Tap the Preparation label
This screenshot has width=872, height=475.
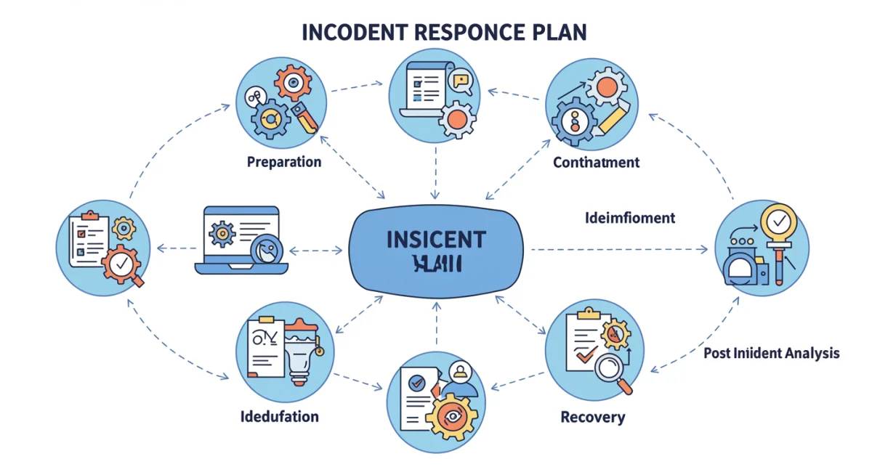click(x=284, y=161)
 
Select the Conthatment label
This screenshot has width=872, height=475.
click(x=596, y=162)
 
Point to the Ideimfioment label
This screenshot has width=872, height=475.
click(x=629, y=217)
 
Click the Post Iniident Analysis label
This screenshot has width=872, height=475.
click(x=771, y=353)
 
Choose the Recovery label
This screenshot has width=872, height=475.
click(x=592, y=417)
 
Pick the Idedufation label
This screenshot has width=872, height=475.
click(x=279, y=416)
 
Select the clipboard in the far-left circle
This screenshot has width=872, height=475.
click(x=86, y=238)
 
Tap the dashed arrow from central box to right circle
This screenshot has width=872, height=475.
click(x=618, y=250)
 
